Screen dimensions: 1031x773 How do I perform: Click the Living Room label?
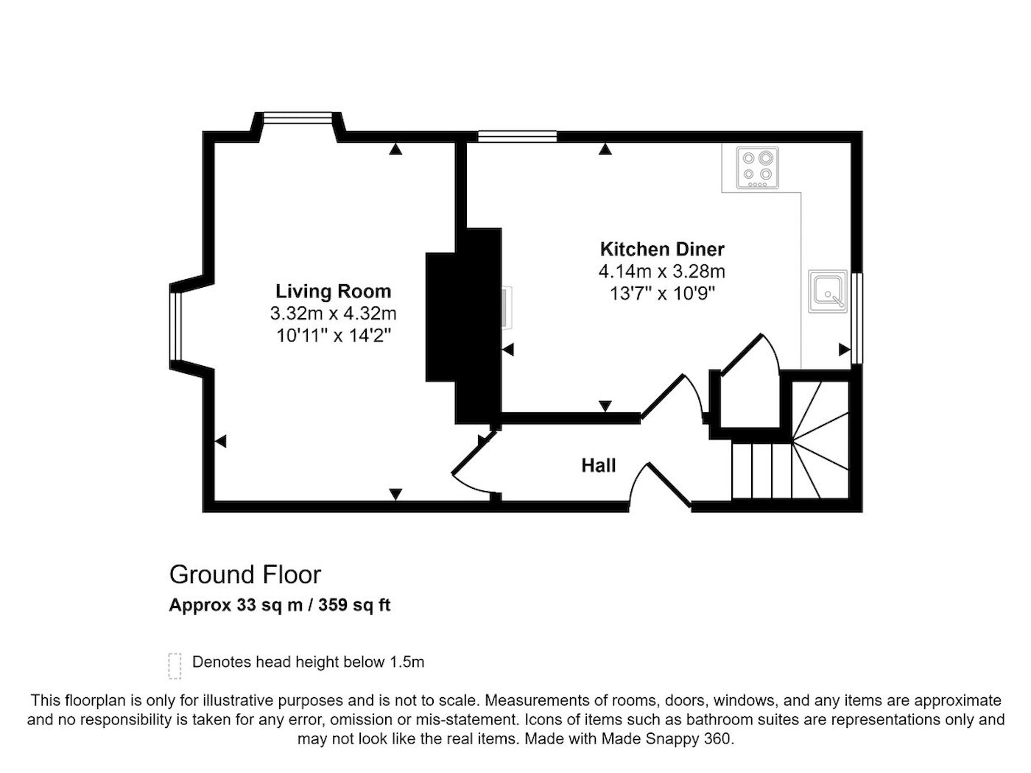333,291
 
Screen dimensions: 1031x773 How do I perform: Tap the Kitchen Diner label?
662,250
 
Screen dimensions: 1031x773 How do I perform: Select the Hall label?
599,465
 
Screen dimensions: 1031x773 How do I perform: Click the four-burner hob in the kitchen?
757,168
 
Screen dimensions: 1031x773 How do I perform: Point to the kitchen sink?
828,291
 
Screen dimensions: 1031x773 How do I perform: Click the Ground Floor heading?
245,574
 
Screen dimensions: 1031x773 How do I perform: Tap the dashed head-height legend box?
175,666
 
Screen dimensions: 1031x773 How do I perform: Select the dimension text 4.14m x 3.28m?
662,271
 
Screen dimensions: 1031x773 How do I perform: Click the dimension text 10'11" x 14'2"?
334,336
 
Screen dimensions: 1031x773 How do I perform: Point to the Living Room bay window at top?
298,117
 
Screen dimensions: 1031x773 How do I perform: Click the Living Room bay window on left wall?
175,326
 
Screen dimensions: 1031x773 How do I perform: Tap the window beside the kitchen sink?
856,318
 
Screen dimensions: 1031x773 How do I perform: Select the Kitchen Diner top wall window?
517,137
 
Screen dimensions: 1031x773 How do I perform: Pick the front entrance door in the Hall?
660,487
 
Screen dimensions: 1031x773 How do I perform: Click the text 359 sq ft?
354,604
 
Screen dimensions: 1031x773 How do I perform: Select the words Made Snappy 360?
666,738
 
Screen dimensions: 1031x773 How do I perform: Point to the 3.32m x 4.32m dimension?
333,313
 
